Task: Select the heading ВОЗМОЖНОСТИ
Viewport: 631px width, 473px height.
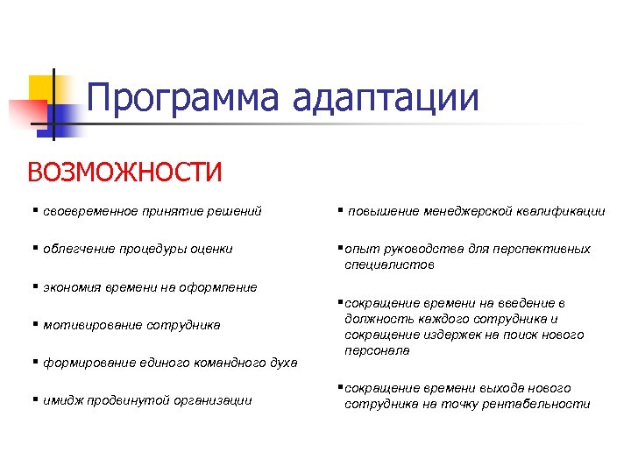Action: tap(124, 171)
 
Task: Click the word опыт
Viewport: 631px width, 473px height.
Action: tap(359, 249)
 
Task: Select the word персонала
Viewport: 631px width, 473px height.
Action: tap(377, 350)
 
